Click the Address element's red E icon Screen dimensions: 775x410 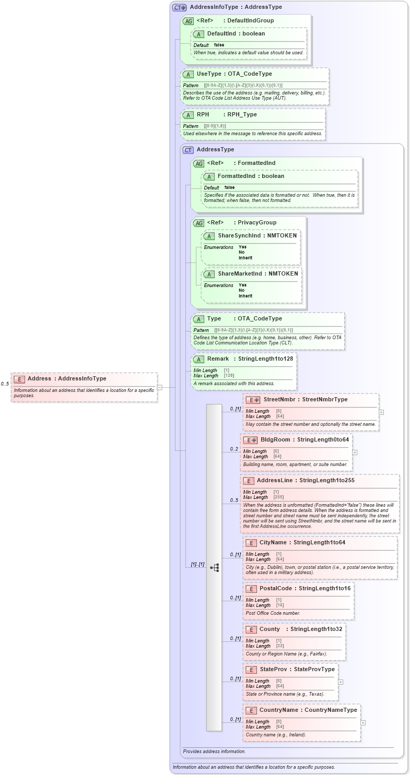(x=19, y=379)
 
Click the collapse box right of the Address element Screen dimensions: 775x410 (x=160, y=387)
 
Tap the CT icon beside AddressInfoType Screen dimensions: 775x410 (x=180, y=7)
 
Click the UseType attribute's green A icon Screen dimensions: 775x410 (x=188, y=74)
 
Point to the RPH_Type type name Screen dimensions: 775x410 (x=242, y=114)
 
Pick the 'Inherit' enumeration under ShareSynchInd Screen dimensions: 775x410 (x=245, y=258)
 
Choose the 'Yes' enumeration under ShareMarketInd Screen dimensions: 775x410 (x=243, y=285)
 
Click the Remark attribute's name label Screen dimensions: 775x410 (x=218, y=359)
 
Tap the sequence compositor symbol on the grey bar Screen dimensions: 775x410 (x=214, y=567)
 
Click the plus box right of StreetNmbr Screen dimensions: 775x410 (x=381, y=412)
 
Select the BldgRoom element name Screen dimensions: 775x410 (x=275, y=439)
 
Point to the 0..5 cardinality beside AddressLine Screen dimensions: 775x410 (x=234, y=500)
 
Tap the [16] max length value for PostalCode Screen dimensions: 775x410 (x=279, y=605)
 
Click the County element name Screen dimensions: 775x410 (x=270, y=629)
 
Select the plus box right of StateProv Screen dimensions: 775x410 (x=341, y=682)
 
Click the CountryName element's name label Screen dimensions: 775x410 (x=279, y=710)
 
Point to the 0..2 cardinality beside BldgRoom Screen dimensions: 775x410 (x=234, y=449)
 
